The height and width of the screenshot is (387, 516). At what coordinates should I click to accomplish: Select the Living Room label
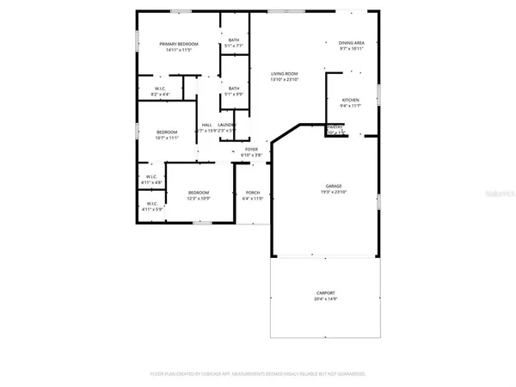(285, 74)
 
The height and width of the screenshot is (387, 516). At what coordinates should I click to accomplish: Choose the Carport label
(325, 293)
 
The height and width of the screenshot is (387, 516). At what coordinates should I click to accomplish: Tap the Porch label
(253, 193)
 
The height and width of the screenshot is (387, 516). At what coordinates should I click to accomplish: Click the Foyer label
(251, 149)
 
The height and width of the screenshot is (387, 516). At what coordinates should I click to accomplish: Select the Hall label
(206, 125)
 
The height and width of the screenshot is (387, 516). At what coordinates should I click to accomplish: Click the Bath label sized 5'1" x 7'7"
(233, 40)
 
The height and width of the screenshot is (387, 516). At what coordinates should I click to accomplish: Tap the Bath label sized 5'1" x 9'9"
(233, 87)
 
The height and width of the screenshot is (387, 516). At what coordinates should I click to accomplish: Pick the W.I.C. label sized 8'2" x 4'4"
(160, 89)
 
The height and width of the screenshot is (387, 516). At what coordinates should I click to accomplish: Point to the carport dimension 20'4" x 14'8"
(325, 299)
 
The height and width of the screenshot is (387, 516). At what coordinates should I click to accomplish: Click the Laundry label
(226, 125)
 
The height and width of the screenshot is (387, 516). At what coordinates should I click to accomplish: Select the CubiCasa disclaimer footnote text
(258, 374)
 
